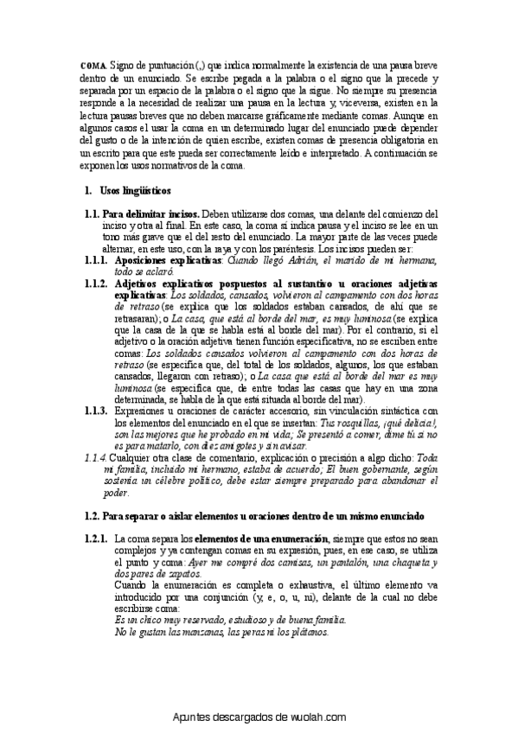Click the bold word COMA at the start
click(93, 66)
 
